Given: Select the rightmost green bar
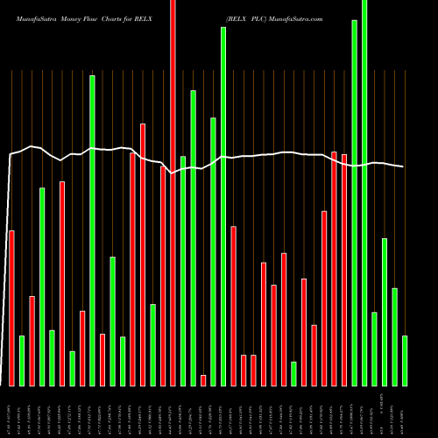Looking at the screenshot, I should tap(405, 360).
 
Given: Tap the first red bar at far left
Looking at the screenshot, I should tap(11, 307).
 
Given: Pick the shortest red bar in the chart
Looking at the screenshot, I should tap(203, 380).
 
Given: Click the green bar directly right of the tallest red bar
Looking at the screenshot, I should tap(183, 271).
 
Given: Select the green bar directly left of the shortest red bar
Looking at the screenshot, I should tap(193, 237).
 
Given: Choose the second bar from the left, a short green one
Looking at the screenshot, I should tap(22, 360).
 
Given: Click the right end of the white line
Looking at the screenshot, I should tap(403, 166).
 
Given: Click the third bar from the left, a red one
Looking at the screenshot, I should tap(32, 341).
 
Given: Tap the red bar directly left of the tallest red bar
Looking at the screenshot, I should tap(163, 276).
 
